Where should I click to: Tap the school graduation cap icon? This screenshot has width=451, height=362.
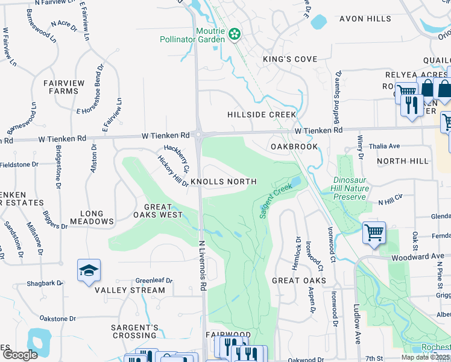(x=89, y=271)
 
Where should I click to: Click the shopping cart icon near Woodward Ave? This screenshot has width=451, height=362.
(x=374, y=232)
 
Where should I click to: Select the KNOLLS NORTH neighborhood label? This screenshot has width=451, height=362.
(x=224, y=182)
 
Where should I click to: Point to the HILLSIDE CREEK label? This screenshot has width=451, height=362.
(x=262, y=115)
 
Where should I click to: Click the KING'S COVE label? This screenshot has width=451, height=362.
(x=289, y=59)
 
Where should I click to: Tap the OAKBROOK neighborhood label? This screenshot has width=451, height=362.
(x=294, y=147)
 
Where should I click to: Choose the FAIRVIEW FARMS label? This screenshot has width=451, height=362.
(x=61, y=87)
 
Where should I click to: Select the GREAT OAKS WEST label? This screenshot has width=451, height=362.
(x=155, y=211)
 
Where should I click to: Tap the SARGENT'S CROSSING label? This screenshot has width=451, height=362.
(x=134, y=331)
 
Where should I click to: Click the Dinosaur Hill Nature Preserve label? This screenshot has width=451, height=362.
(x=350, y=188)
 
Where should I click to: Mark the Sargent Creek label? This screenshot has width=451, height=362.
(x=276, y=200)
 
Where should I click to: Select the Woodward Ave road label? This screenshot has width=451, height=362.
(x=424, y=256)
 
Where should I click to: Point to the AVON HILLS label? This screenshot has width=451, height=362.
(x=365, y=19)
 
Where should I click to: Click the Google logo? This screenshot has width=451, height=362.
(x=20, y=355)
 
